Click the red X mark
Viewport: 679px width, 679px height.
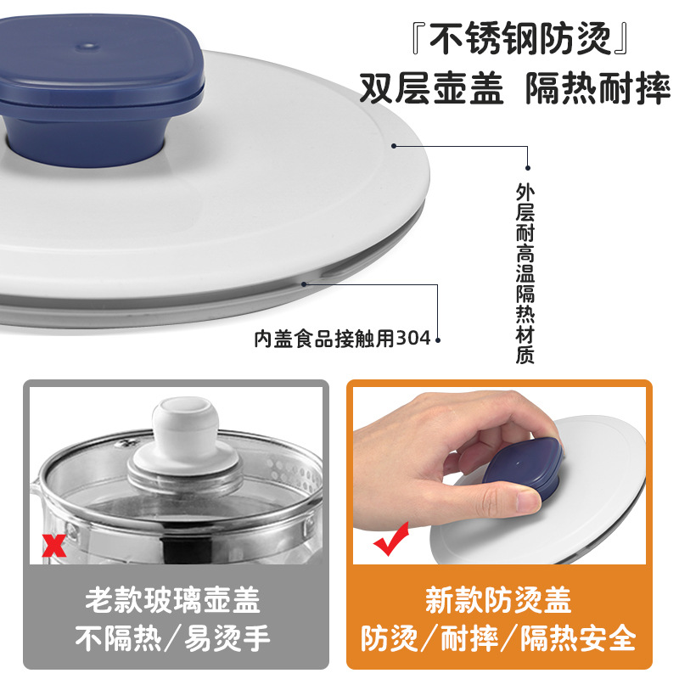[x=53, y=545]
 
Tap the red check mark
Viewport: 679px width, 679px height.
[x=391, y=540]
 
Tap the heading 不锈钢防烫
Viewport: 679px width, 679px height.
[x=520, y=39]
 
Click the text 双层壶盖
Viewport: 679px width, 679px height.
[x=431, y=88]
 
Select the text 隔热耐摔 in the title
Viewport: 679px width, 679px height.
[x=598, y=88]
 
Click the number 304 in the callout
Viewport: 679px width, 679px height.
[x=413, y=339]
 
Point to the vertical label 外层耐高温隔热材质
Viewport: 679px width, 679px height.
[x=525, y=273]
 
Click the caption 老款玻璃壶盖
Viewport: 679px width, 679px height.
[x=172, y=600]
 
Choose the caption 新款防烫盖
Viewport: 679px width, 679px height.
[x=498, y=600]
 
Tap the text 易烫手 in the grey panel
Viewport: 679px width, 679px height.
[x=227, y=638]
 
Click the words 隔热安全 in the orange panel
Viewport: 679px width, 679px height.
[x=578, y=638]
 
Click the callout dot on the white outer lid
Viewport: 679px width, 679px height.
[x=394, y=146]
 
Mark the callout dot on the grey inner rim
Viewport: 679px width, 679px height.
[x=304, y=284]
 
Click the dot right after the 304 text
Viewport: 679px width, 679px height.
[x=438, y=340]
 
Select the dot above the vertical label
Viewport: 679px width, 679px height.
[x=527, y=168]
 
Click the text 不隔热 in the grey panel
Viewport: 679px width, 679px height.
[x=118, y=638]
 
